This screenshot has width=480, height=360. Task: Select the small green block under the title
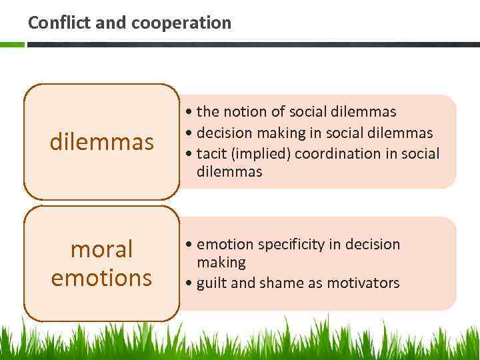click(x=12, y=45)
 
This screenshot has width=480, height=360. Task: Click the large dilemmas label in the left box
click(x=102, y=141)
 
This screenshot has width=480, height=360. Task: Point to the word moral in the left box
click(x=101, y=249)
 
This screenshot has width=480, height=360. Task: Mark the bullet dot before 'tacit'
click(x=190, y=154)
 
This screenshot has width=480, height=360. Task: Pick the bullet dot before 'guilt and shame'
click(x=190, y=283)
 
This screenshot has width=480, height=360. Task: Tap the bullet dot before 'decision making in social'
click(x=190, y=133)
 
